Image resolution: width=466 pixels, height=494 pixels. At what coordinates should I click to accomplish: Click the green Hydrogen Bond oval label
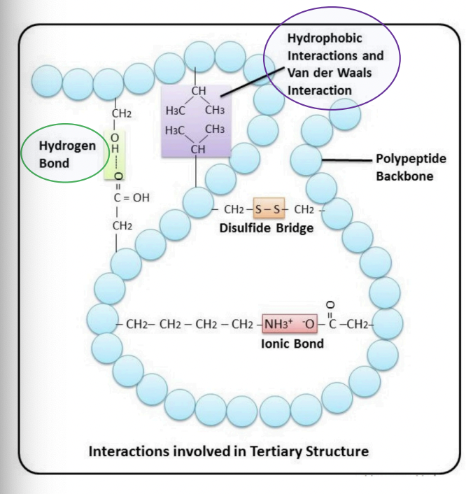pyautogui.click(x=62, y=153)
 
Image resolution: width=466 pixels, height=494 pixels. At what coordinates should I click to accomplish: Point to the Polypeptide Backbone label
pyautogui.click(x=405, y=167)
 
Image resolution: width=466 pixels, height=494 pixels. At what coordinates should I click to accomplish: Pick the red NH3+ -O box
pyautogui.click(x=290, y=325)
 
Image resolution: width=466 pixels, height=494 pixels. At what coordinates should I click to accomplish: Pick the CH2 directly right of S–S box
pyautogui.click(x=304, y=209)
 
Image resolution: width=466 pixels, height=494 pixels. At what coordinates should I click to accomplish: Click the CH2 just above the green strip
pyautogui.click(x=121, y=113)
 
